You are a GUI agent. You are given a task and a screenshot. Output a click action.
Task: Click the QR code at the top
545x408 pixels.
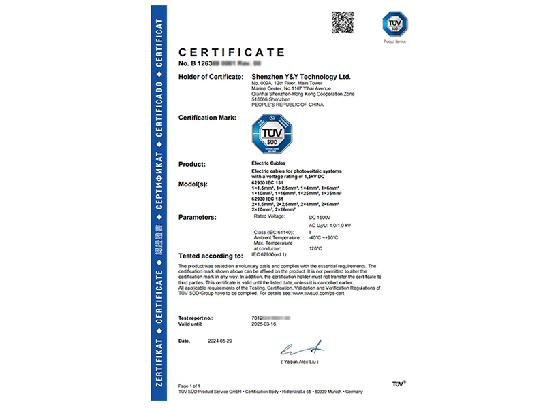[x=343, y=22]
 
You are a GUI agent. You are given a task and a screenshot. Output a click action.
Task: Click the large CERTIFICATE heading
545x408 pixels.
[x=231, y=52]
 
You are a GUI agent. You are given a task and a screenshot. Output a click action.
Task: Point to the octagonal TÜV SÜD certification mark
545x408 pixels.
[x=272, y=134]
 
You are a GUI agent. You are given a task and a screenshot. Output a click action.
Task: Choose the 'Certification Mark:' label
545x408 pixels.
[x=207, y=118]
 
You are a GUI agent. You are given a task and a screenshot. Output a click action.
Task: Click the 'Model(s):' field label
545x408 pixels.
[x=197, y=184]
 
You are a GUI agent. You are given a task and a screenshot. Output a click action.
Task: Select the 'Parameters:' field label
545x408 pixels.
[x=201, y=217]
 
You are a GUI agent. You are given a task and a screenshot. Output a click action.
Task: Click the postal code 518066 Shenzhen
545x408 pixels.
[x=270, y=100]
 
